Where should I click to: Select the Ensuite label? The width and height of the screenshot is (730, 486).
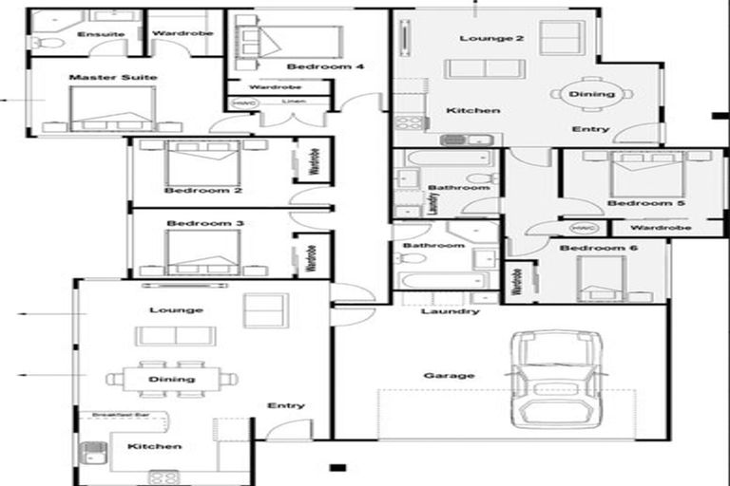pyautogui.click(x=101, y=34)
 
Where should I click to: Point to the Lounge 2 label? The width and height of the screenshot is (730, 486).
pyautogui.click(x=478, y=38)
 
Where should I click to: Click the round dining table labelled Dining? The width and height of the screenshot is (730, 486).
pyautogui.click(x=590, y=94)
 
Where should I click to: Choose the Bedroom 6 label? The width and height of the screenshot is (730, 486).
pyautogui.click(x=591, y=249)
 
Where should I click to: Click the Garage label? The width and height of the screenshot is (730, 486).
pyautogui.click(x=449, y=376)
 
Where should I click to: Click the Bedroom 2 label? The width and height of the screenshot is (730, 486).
pyautogui.click(x=202, y=191)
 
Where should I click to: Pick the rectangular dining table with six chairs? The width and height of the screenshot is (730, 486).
pyautogui.click(x=172, y=379)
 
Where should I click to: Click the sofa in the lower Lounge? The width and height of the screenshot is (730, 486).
pyautogui.click(x=175, y=336)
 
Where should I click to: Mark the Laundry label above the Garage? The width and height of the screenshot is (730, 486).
pyautogui.click(x=449, y=311)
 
